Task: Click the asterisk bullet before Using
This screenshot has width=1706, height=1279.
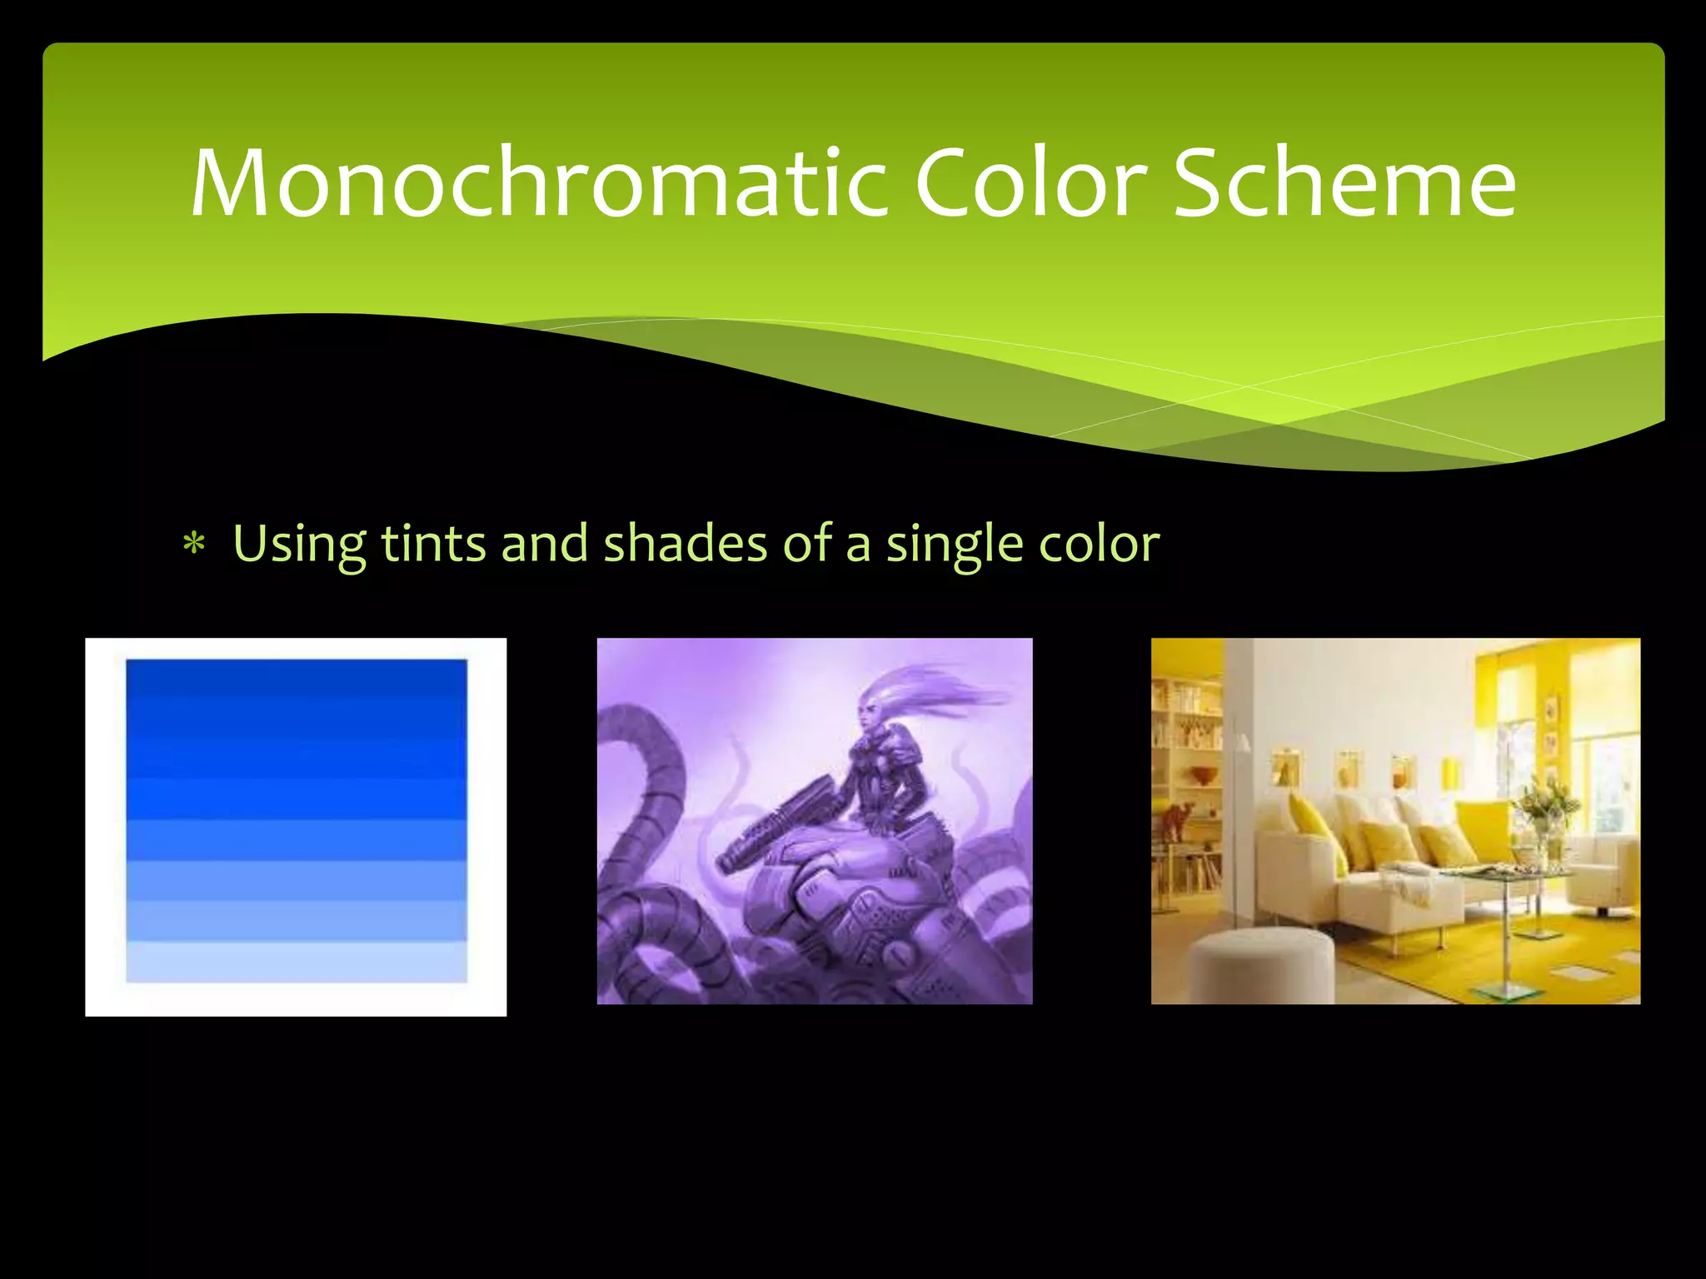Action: point(194,545)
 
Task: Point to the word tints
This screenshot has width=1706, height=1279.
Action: point(433,544)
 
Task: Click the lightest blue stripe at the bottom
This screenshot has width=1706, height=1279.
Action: point(297,962)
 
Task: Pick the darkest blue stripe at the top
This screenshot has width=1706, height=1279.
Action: point(297,676)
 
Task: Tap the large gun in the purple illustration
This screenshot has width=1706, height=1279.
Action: point(775,824)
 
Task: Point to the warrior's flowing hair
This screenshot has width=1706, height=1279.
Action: point(941,691)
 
